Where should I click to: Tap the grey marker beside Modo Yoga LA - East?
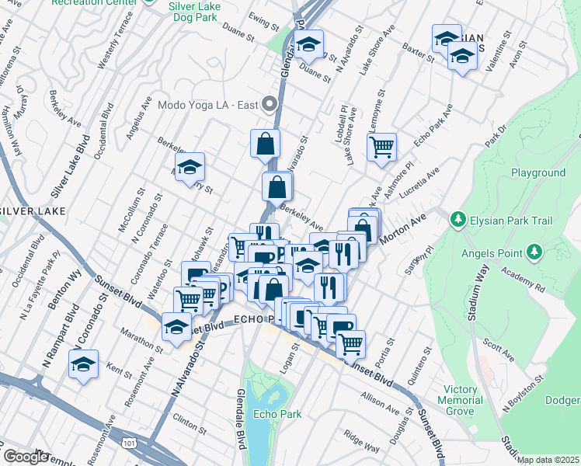(270, 104)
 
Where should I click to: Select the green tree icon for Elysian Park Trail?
(458, 220)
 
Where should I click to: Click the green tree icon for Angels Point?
(533, 251)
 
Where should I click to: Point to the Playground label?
(538, 172)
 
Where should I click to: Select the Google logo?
(26, 457)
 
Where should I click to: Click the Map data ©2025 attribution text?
(548, 460)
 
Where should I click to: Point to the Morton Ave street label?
(407, 225)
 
